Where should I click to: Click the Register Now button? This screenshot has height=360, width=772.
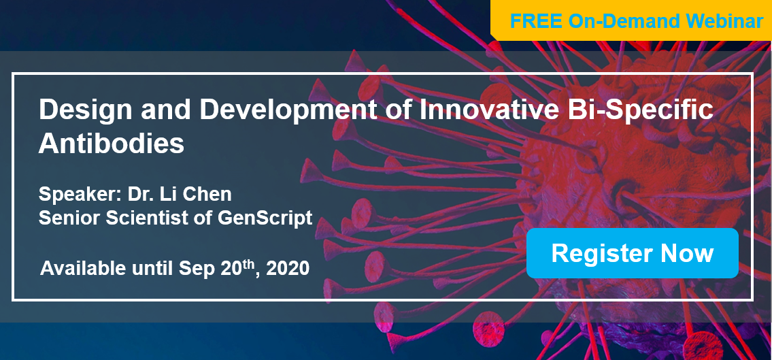coord(632,253)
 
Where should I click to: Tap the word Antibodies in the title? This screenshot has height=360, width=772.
coord(112,144)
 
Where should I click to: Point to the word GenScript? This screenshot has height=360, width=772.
coord(265,218)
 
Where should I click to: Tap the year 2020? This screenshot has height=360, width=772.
coord(288,268)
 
